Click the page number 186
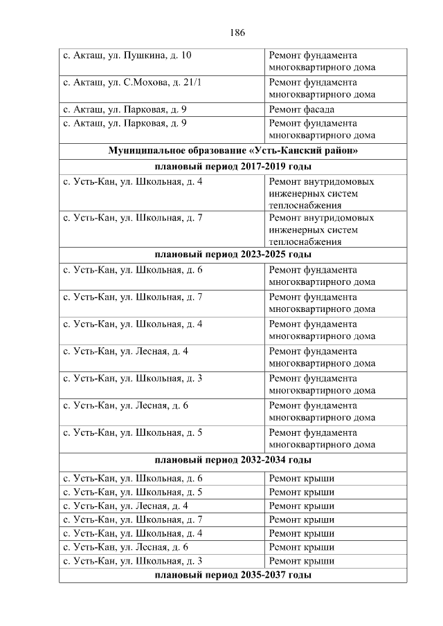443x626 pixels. tap(237, 33)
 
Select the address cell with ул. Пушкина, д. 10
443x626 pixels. tap(127, 55)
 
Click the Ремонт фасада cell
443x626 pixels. tap(301, 109)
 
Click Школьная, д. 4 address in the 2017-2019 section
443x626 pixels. tap(132, 182)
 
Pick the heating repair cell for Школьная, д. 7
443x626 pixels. tap(321, 230)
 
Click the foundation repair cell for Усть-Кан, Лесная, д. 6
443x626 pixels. tap(322, 412)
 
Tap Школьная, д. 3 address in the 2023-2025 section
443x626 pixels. tap(132, 378)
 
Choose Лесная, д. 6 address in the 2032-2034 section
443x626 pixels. tap(125, 546)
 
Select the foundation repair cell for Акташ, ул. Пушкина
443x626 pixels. tap(322, 62)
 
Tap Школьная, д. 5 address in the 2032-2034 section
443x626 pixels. tap(132, 492)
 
